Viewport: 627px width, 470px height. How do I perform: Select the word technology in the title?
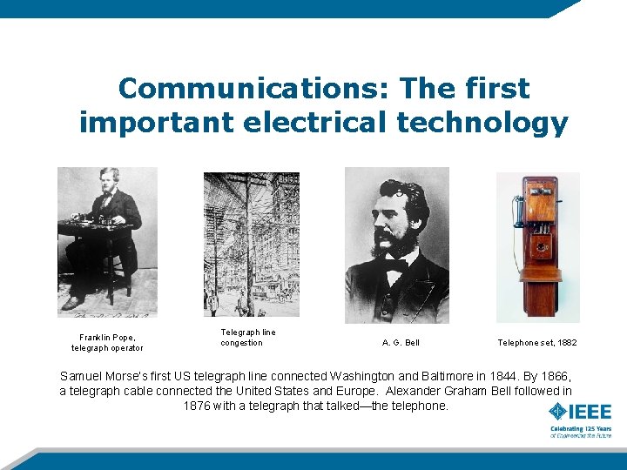[482, 123]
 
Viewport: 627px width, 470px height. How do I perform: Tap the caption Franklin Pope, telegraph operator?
[107, 342]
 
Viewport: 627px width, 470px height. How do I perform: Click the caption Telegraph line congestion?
[248, 338]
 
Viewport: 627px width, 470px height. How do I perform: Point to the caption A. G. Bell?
[401, 343]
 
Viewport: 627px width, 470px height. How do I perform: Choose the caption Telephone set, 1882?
[536, 343]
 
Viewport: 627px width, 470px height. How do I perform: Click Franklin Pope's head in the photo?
[111, 178]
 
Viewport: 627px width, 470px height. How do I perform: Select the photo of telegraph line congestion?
[251, 244]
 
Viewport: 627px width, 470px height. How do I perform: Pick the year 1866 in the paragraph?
[552, 377]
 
